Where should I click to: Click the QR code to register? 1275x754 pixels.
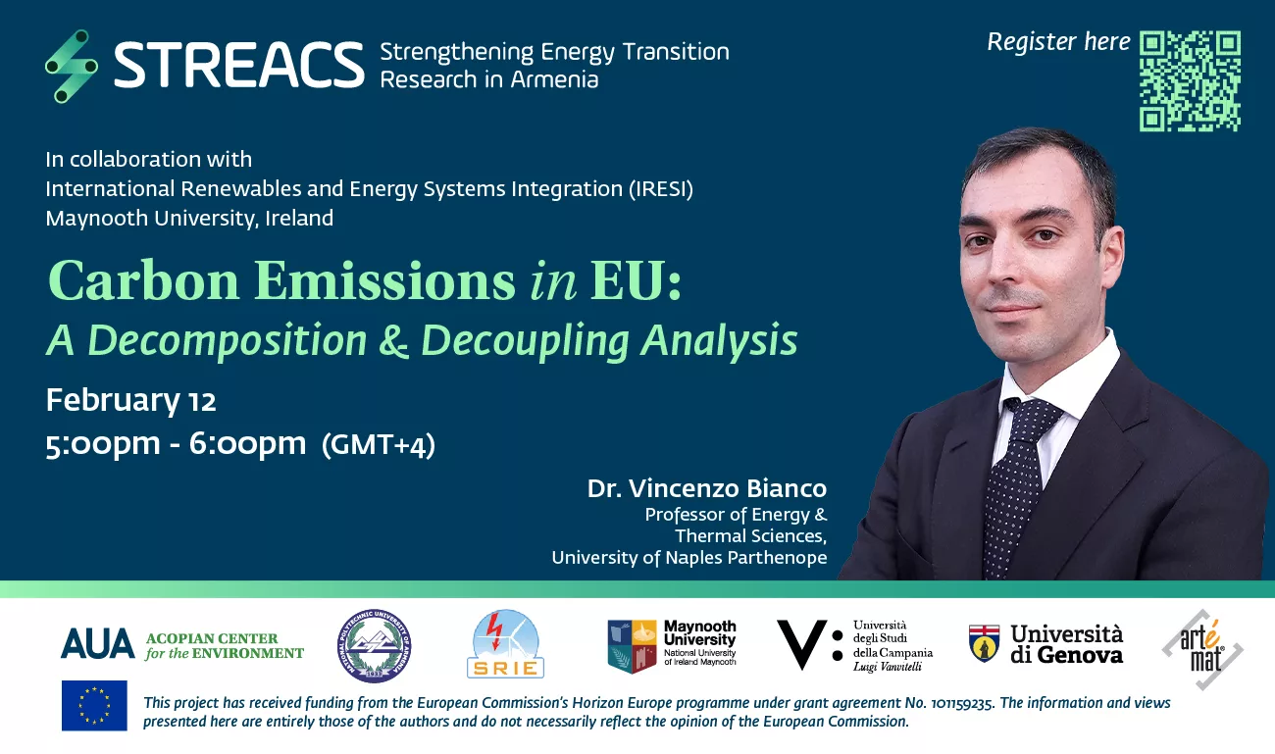tap(1190, 80)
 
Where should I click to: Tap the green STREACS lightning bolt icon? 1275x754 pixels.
tap(72, 67)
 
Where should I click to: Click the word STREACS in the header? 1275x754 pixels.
tap(239, 65)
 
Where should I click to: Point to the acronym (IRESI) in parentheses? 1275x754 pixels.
tap(661, 189)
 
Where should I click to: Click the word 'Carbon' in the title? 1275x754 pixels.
tap(143, 280)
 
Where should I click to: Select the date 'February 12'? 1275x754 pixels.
tap(130, 401)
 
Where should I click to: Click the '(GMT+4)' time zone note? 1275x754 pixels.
tap(379, 445)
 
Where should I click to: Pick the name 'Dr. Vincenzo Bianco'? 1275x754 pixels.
tap(707, 488)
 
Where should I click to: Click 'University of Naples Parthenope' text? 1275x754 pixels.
tap(689, 558)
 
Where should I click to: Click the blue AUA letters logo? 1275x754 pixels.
tap(98, 644)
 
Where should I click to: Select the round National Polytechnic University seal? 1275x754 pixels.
tap(374, 646)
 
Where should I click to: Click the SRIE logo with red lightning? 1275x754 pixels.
tap(505, 644)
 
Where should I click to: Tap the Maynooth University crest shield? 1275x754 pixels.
tap(632, 646)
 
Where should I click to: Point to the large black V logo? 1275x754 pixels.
tap(801, 644)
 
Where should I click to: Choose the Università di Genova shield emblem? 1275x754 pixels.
tap(984, 643)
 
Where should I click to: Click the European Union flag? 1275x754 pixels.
tap(94, 706)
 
